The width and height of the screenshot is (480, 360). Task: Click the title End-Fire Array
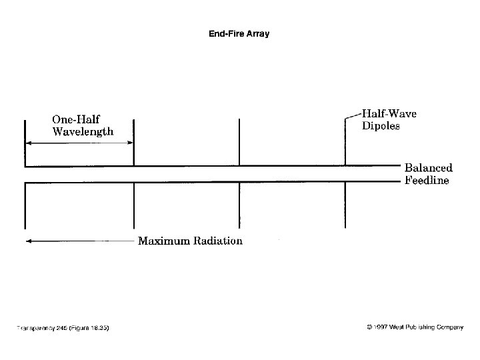pos(239,33)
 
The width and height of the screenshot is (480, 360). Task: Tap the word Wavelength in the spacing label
pos(83,131)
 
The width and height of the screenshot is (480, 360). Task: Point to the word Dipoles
pos(381,126)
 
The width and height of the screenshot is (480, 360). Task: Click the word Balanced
pos(429,168)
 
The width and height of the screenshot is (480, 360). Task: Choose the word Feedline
pos(427,181)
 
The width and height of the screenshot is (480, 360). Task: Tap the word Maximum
pos(164,241)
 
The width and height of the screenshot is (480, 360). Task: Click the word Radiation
pos(218,241)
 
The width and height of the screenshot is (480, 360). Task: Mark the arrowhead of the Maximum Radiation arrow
pos(28,241)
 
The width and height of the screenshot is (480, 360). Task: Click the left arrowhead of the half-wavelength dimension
pos(28,143)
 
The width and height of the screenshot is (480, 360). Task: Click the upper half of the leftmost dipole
pos(25,143)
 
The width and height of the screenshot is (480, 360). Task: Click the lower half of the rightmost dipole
pos(345,205)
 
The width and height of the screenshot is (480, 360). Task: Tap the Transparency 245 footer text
pos(63,328)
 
